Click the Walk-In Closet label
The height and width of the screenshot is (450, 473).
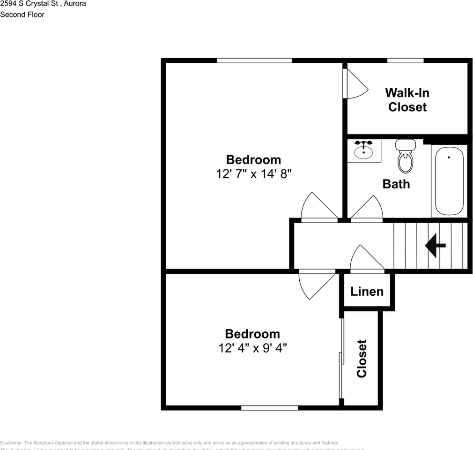407,100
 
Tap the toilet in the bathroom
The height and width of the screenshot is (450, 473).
405,157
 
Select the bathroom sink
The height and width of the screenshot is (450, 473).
363,150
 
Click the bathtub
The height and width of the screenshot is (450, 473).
449,180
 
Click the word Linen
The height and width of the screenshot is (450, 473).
367,292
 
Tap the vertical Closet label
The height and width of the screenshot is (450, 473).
362,359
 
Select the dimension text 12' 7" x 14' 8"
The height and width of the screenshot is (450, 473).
254,174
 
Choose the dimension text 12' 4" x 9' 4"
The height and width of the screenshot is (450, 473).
252,348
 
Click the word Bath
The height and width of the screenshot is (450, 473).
396,184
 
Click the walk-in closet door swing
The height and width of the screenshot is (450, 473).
355,84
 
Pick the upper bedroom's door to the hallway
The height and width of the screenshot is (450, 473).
318,207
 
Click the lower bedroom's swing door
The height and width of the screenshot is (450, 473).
317,284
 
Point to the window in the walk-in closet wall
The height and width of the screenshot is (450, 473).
405,60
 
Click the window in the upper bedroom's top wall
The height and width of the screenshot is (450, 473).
254,60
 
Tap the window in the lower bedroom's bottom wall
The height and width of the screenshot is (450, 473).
269,408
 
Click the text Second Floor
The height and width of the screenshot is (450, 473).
22,15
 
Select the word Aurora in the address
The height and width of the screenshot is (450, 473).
74,3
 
